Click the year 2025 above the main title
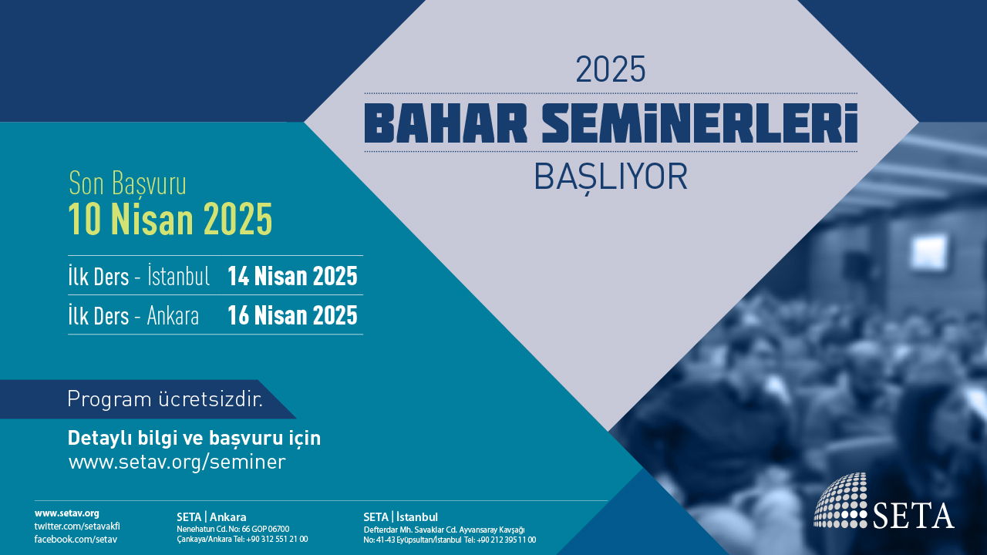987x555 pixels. click(x=610, y=69)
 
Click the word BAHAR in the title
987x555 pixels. click(x=446, y=124)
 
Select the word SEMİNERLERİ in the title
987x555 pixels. click(x=699, y=123)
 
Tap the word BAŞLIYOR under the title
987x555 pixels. click(x=611, y=177)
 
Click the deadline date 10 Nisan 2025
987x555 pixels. click(x=170, y=220)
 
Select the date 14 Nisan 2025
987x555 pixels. click(x=292, y=276)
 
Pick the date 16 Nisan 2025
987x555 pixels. click(x=292, y=315)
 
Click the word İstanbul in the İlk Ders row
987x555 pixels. click(x=178, y=275)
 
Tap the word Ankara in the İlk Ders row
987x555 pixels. click(x=173, y=315)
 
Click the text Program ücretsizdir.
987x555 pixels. click(x=165, y=399)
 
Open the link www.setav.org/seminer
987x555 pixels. click(x=177, y=462)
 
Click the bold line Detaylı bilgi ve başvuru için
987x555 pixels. click(x=194, y=438)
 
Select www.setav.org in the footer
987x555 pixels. click(x=67, y=513)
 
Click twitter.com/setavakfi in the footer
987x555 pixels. click(x=77, y=526)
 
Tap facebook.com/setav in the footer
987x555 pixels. click(x=76, y=539)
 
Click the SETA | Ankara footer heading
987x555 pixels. click(x=211, y=517)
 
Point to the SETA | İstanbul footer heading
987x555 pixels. click(x=400, y=516)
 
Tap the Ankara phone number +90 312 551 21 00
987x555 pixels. click(x=277, y=539)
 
